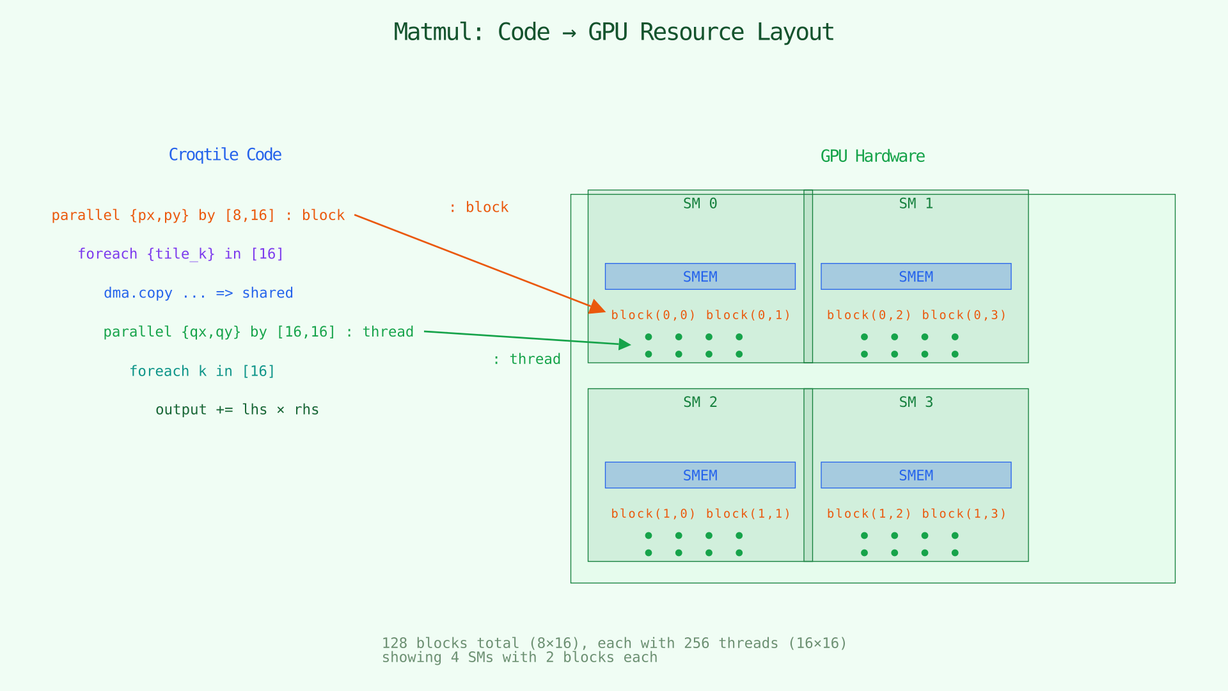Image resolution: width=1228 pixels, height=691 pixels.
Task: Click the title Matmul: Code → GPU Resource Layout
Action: pos(613,32)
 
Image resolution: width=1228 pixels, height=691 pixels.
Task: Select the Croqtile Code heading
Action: pos(224,155)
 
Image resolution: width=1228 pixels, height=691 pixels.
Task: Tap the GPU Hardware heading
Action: pos(872,157)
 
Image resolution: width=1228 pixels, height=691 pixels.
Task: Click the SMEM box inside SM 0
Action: pos(700,276)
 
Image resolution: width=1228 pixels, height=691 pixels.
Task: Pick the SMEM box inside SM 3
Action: pos(915,475)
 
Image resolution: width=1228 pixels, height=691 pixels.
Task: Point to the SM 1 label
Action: pos(915,203)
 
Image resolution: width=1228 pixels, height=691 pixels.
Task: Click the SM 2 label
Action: pos(700,402)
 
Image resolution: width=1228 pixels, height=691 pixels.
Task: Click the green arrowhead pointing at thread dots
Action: pos(624,344)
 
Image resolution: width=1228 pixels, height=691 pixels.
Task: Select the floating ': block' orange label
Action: pos(478,207)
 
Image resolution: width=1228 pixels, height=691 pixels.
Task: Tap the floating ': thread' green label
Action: pos(526,360)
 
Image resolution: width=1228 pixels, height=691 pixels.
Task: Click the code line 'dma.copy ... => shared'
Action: pos(198,293)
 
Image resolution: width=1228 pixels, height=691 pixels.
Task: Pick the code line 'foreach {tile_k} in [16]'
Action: pos(180,254)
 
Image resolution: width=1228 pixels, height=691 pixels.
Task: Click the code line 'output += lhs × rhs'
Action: pos(237,409)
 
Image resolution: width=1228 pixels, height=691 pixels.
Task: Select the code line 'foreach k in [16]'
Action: pos(202,371)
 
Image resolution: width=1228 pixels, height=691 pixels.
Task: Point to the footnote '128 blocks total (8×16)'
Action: pos(614,643)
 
